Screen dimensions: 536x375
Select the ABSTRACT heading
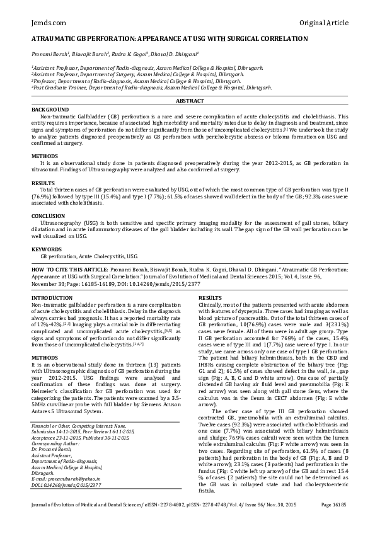189,101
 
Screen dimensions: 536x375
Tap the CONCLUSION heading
48,215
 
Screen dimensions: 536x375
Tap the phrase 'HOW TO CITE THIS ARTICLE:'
69,268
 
